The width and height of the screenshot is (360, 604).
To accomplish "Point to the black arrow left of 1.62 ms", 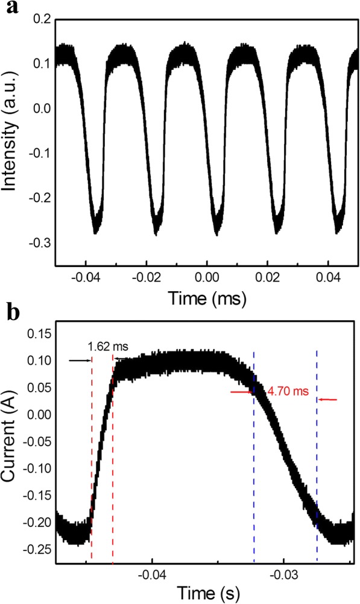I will tap(78, 360).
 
